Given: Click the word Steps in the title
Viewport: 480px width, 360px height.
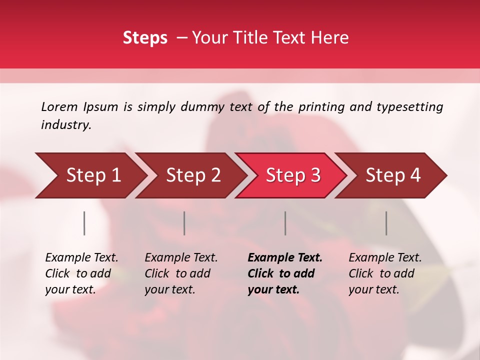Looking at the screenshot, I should pyautogui.click(x=145, y=38).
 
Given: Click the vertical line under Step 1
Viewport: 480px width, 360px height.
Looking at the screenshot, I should pyautogui.click(x=84, y=223).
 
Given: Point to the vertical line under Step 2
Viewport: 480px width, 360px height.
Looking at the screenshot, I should pyautogui.click(x=184, y=223).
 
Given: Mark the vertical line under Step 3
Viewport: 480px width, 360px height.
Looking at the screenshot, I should pyautogui.click(x=285, y=223).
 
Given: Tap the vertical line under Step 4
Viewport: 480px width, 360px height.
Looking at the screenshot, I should pyautogui.click(x=386, y=223).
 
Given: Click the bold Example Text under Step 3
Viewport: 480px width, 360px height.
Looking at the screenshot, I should pyautogui.click(x=285, y=258).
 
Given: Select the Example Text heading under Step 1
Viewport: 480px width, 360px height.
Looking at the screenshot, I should pyautogui.click(x=81, y=258).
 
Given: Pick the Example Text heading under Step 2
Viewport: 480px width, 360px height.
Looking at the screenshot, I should pyautogui.click(x=181, y=258).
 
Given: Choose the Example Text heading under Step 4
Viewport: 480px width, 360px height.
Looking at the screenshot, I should pyautogui.click(x=385, y=258).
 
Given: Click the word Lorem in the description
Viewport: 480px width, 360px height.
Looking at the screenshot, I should pyautogui.click(x=59, y=106).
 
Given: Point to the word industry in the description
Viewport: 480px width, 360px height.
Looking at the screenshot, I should pyautogui.click(x=66, y=125).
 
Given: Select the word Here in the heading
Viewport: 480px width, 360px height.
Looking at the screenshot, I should pyautogui.click(x=331, y=38).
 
